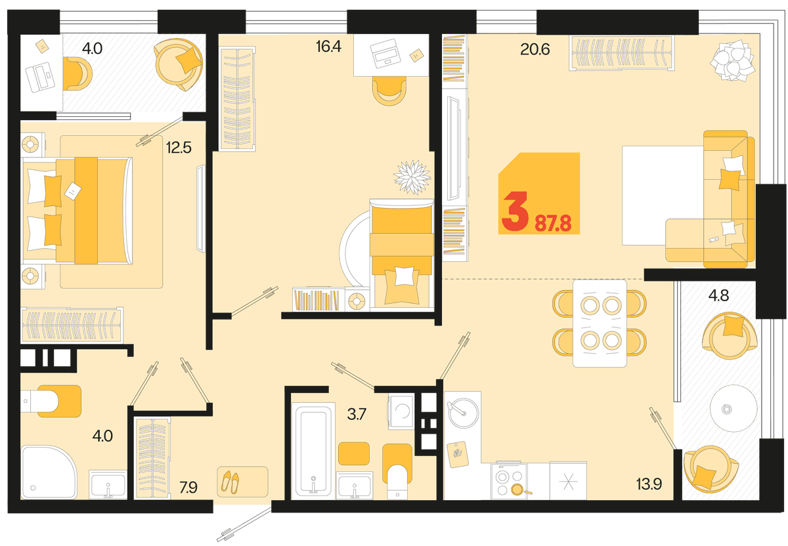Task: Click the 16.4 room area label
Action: [328, 47]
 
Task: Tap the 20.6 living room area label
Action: [535, 50]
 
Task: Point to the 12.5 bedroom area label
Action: [179, 148]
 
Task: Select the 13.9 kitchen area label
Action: [649, 484]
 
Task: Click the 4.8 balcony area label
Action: [718, 296]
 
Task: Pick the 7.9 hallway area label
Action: [188, 488]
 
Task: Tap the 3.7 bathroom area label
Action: [357, 415]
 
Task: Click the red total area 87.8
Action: [553, 224]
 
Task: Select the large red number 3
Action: [515, 212]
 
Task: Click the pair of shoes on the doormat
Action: [230, 482]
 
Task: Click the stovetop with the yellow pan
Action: [509, 480]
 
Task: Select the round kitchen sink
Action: [463, 413]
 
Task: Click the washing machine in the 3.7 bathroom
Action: [401, 411]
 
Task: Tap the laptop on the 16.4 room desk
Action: [385, 53]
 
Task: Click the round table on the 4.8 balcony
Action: [733, 408]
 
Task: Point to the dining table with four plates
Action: [600, 323]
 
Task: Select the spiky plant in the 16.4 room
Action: [412, 177]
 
